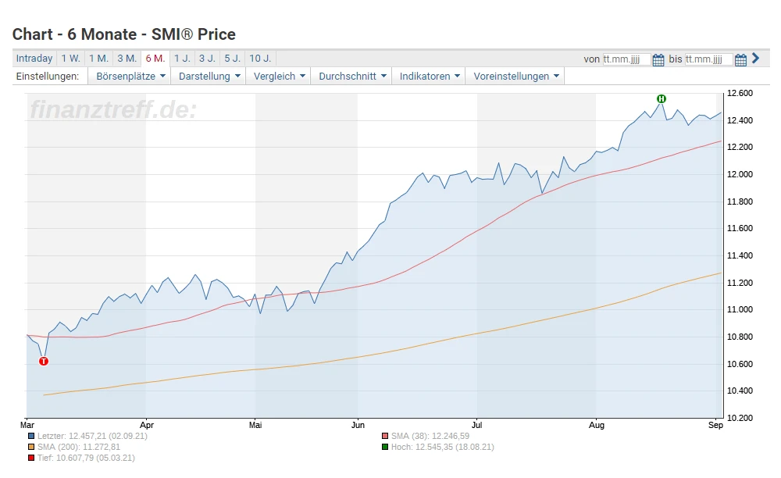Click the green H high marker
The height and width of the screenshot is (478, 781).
tap(662, 98)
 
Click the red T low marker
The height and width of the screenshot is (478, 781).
tap(44, 361)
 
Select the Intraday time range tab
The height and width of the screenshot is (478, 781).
tap(34, 59)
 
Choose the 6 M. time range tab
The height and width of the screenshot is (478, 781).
tap(155, 59)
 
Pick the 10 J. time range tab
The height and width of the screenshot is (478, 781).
tap(260, 59)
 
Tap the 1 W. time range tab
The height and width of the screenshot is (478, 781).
tap(70, 59)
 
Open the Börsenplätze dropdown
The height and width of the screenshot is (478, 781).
tap(130, 77)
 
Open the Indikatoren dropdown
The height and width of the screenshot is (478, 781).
tap(430, 77)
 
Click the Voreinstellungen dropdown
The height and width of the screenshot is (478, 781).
tap(516, 77)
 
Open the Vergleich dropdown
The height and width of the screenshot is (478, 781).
tap(279, 77)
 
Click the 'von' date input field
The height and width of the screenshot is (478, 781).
tap(626, 59)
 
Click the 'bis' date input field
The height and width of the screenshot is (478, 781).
tap(709, 59)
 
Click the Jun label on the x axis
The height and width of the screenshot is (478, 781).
tap(358, 426)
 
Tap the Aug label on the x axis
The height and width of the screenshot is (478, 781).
tap(597, 426)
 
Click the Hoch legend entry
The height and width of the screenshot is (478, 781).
tap(442, 447)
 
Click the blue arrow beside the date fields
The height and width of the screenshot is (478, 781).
tap(755, 59)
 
